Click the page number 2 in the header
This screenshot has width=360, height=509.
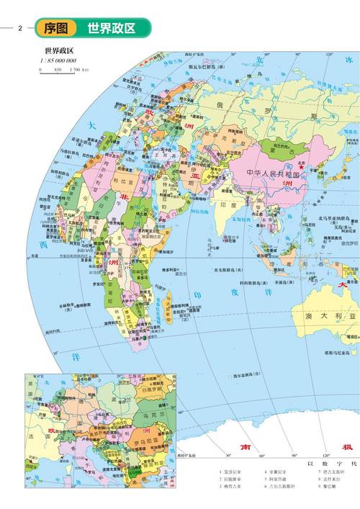point(21,28)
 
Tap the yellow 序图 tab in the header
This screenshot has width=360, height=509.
point(56,28)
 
